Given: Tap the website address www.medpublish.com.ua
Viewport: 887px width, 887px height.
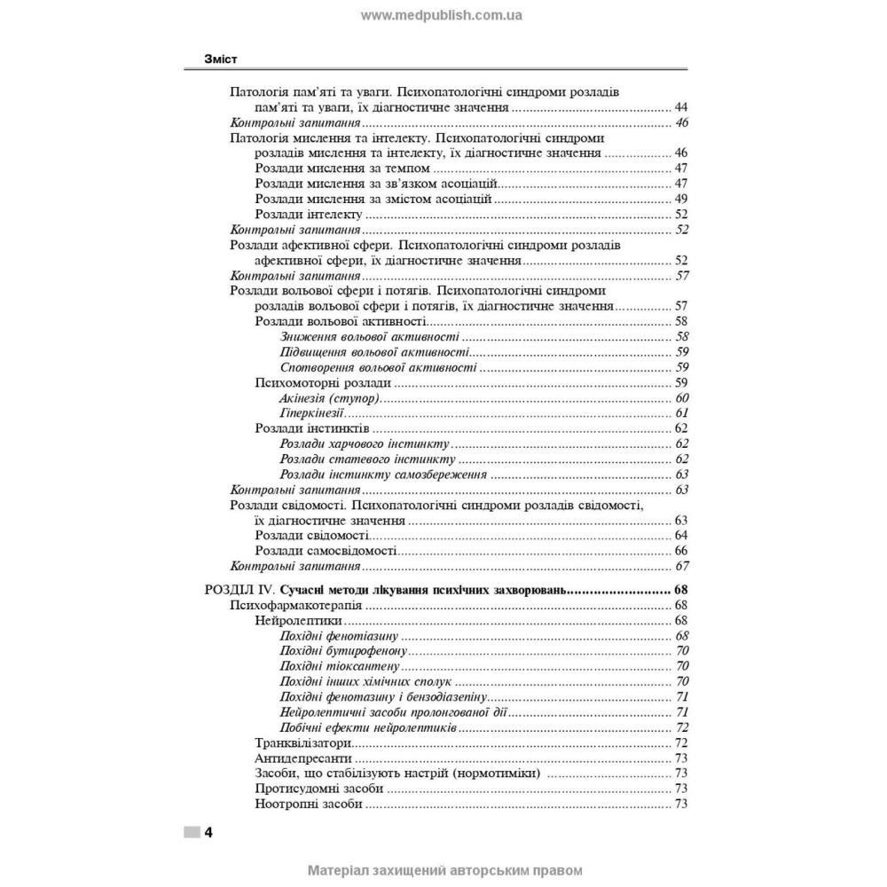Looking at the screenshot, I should pyautogui.click(x=442, y=15).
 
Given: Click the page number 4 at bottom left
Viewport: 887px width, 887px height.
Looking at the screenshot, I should pyautogui.click(x=208, y=832).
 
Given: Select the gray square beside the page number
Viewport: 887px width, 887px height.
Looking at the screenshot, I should pyautogui.click(x=192, y=832).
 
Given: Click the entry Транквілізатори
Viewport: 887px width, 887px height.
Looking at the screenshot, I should pyautogui.click(x=302, y=742).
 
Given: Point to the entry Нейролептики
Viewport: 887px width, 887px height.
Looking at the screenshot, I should pyautogui.click(x=297, y=621).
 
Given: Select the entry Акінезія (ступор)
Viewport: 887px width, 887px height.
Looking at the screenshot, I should pyautogui.click(x=329, y=398).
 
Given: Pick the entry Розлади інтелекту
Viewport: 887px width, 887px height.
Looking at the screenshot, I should pyautogui.click(x=309, y=215).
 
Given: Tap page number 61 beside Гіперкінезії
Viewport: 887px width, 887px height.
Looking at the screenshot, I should pyautogui.click(x=682, y=413).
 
